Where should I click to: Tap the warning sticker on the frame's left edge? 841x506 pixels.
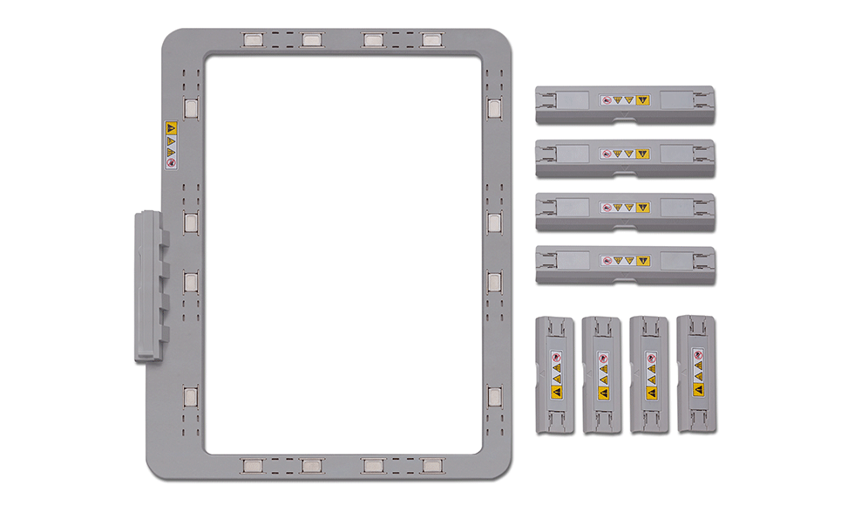[x=171, y=145]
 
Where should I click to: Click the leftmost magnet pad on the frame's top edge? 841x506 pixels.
[x=253, y=40]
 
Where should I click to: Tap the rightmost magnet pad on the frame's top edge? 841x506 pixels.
[x=431, y=40]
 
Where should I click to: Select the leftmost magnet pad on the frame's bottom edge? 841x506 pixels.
[x=253, y=465]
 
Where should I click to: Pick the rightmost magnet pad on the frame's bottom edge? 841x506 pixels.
[x=431, y=465]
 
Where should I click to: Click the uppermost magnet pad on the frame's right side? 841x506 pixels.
[x=494, y=109]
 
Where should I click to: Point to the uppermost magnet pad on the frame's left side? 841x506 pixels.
[x=191, y=109]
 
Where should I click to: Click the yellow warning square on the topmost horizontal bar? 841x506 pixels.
[x=643, y=101]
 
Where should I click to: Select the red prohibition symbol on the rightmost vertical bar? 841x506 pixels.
[x=697, y=355]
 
